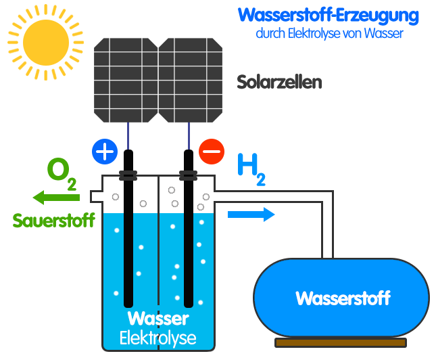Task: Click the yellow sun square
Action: pyautogui.click(x=45, y=42)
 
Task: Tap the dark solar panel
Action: pyautogui.click(x=158, y=80)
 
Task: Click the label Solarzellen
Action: pyautogui.click(x=279, y=83)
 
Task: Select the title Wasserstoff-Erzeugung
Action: pyautogui.click(x=324, y=16)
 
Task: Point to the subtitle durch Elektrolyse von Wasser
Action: pyautogui.click(x=329, y=33)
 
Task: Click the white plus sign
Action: pyautogui.click(x=105, y=152)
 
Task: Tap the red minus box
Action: pyautogui.click(x=211, y=151)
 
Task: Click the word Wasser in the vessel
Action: pyautogui.click(x=158, y=318)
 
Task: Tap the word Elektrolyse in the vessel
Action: pyautogui.click(x=158, y=338)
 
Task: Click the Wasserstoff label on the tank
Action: pyautogui.click(x=343, y=298)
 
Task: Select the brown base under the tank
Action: pyautogui.click(x=340, y=343)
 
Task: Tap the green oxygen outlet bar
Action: pyautogui.click(x=55, y=197)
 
